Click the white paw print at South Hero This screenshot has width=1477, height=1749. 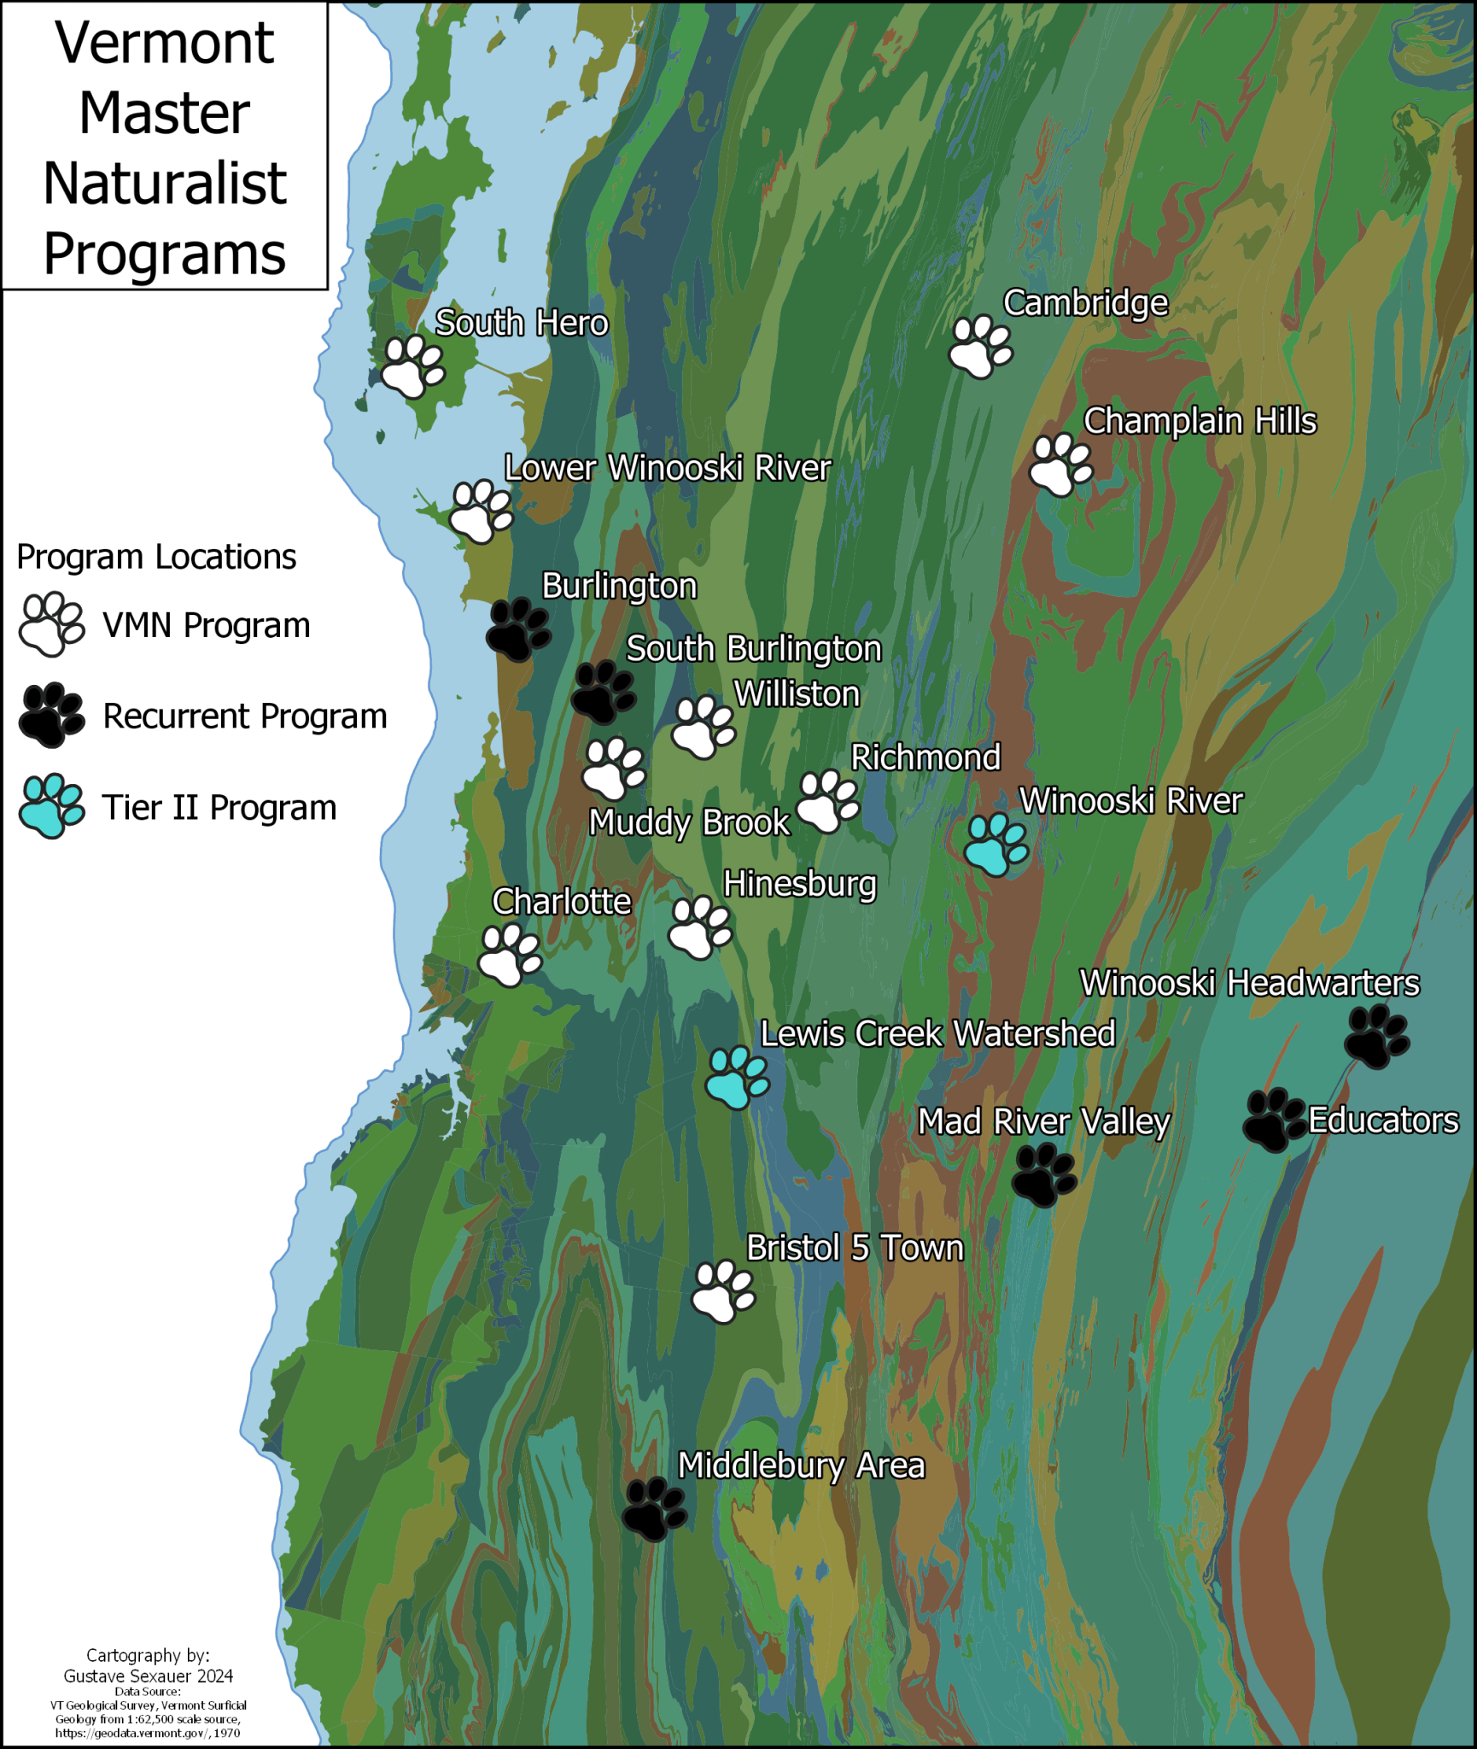(412, 366)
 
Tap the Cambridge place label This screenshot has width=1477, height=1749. (1085, 303)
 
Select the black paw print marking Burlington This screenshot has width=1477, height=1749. (518, 629)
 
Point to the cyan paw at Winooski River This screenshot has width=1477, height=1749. (995, 845)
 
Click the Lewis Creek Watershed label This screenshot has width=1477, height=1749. (937, 1034)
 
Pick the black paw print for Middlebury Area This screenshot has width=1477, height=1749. (654, 1509)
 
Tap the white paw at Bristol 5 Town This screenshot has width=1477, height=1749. (722, 1292)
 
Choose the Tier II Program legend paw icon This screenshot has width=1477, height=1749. (51, 806)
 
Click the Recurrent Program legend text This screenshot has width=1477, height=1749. (245, 716)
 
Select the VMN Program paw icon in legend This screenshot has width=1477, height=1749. (51, 624)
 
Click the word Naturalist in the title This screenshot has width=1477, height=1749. (165, 184)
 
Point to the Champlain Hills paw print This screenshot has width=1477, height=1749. (1060, 465)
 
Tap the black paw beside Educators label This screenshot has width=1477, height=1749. (1273, 1120)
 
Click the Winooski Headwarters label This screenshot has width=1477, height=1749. (1249, 983)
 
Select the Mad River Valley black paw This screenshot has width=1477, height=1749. (1043, 1176)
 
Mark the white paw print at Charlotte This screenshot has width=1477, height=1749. (510, 955)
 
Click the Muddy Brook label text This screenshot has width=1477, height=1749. (689, 822)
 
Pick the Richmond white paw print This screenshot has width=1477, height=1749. (827, 801)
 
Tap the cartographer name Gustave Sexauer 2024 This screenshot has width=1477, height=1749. (149, 1676)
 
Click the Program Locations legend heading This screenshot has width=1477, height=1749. (156, 557)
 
